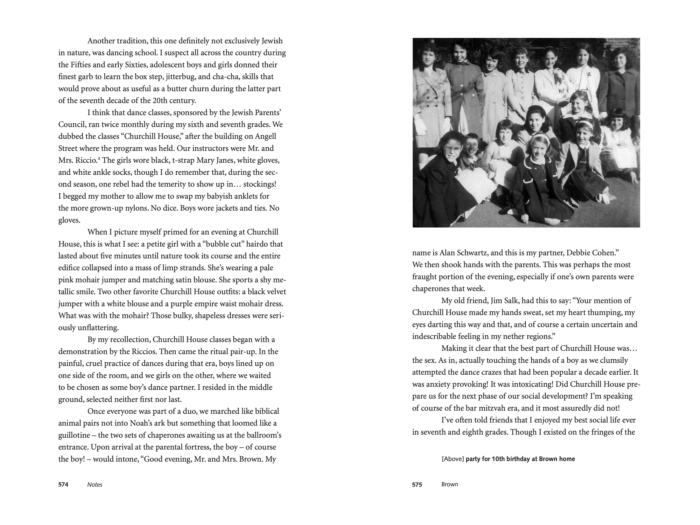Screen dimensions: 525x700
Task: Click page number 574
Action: point(63,485)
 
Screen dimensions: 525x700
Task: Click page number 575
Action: point(417,485)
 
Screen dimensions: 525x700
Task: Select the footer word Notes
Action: point(95,485)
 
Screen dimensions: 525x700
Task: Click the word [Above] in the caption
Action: point(452,459)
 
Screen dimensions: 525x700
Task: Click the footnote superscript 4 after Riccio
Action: point(99,158)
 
